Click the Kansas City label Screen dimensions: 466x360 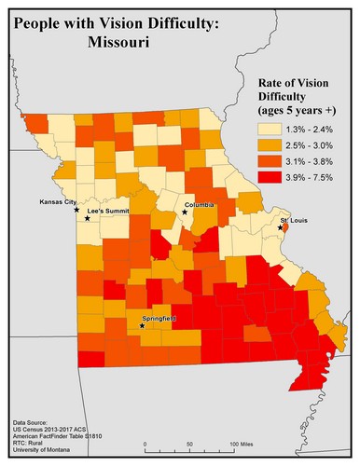(57, 201)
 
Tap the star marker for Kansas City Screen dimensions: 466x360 (77, 210)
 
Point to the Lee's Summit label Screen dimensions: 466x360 (108, 212)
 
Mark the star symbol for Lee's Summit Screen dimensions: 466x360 (88, 218)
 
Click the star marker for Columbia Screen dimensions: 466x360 (185, 212)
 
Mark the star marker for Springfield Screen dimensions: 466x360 (142, 326)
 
